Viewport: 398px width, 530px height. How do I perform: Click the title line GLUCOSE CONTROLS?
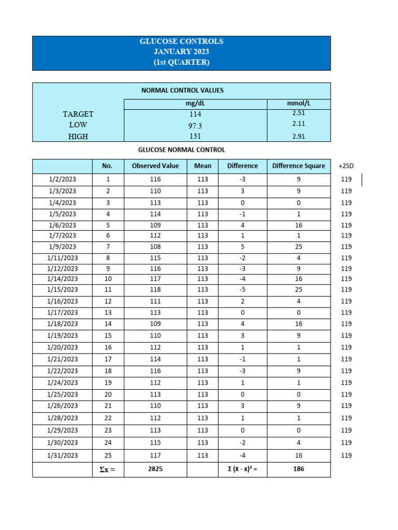181,41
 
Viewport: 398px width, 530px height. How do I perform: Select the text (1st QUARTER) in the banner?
181,63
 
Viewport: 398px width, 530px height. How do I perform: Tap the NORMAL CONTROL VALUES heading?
182,90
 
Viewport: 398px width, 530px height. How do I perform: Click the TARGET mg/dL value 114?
195,114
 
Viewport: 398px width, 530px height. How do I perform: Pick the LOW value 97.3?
195,125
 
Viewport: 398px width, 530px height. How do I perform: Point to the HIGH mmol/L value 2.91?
298,136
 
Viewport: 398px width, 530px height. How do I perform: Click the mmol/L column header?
298,104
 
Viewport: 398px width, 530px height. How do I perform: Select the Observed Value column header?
155,166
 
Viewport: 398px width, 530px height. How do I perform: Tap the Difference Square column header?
298,166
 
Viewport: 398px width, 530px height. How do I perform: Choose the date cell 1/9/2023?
62,247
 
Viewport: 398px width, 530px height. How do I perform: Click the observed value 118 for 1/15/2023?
155,290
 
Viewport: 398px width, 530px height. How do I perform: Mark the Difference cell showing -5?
242,290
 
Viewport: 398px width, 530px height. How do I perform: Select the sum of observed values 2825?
155,469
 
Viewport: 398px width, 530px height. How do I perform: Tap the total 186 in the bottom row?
298,469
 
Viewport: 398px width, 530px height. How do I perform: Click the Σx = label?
108,469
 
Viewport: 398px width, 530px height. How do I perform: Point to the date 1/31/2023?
62,455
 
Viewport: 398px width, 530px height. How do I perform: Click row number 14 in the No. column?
108,324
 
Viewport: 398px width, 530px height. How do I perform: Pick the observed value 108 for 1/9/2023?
155,247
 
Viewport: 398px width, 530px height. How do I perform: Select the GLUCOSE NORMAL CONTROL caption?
181,150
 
